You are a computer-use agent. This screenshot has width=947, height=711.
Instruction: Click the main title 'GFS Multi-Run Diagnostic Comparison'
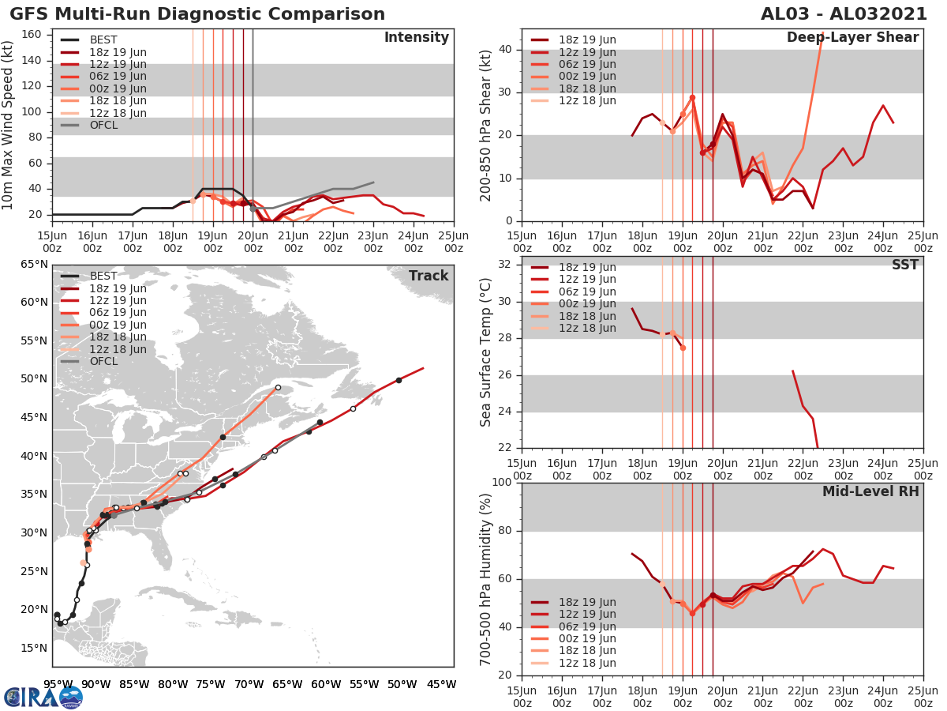pyautogui.click(x=197, y=14)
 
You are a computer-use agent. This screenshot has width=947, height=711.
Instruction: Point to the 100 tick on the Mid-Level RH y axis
pyautogui.click(x=503, y=482)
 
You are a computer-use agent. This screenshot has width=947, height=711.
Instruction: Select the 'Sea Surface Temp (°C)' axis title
pyautogui.click(x=485, y=352)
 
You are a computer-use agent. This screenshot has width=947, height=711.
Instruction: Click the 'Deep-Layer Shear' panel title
pyautogui.click(x=852, y=38)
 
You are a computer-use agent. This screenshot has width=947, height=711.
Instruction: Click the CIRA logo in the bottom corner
pyautogui.click(x=43, y=698)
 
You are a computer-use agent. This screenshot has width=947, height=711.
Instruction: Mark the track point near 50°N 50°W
pyautogui.click(x=399, y=380)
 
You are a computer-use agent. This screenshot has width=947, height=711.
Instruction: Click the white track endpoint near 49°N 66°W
pyautogui.click(x=278, y=387)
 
